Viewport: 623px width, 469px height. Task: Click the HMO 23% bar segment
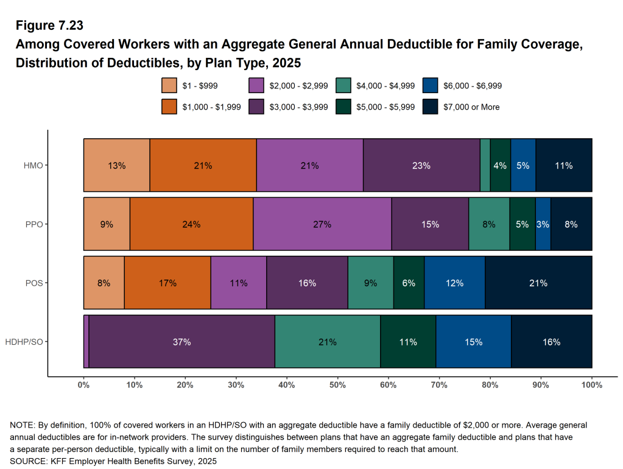click(x=421, y=166)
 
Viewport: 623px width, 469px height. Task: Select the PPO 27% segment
click(x=322, y=224)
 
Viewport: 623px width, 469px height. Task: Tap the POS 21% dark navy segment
click(x=538, y=283)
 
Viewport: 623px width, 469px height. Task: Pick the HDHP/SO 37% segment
click(x=181, y=342)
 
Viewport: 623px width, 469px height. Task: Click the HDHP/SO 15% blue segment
click(x=473, y=342)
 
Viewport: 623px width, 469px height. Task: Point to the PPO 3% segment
click(x=543, y=224)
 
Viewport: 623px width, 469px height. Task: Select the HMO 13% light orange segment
click(x=116, y=166)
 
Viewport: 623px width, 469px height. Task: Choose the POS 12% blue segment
click(x=454, y=283)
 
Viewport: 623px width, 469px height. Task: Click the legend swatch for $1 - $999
click(x=169, y=86)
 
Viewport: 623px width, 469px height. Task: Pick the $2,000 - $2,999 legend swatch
click(x=257, y=86)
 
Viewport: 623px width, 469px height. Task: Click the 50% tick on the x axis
click(x=337, y=385)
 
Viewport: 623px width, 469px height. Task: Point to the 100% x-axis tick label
click(x=591, y=385)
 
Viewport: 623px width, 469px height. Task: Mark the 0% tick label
click(x=84, y=385)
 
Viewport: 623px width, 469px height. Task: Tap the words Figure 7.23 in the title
click(x=49, y=26)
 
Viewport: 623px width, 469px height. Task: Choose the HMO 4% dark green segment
click(x=500, y=166)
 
